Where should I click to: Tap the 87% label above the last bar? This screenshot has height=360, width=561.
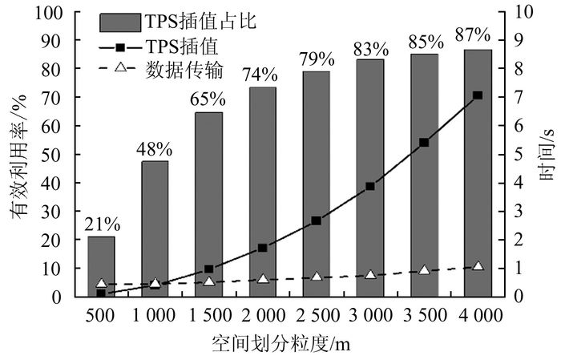472,34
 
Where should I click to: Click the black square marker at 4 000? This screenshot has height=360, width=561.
478,95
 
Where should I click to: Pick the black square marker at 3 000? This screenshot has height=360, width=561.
370,186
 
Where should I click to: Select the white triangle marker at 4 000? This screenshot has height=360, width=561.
478,265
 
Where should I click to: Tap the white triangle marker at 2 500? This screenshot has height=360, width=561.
317,277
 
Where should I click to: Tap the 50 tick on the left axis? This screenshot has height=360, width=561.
54,155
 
